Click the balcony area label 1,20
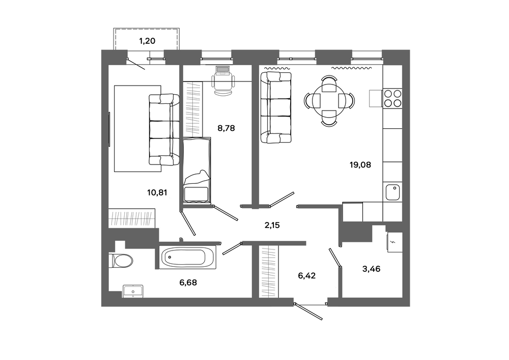click(147, 41)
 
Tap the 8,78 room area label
click(226, 128)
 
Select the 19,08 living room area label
click(360, 165)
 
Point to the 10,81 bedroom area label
click(157, 192)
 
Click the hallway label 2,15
click(272, 225)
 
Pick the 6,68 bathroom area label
click(188, 283)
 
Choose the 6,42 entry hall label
click(307, 276)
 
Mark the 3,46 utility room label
click(372, 269)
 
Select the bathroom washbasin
click(133, 291)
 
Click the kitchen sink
click(392, 192)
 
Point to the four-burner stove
click(392, 98)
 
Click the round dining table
click(329, 100)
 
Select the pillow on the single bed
click(196, 178)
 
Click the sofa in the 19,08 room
click(276, 107)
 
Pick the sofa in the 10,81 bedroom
click(164, 129)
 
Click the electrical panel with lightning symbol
click(394, 242)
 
